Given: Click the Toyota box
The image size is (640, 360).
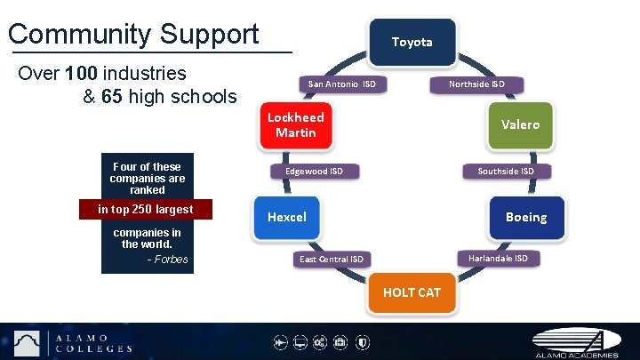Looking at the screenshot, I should coord(412,42).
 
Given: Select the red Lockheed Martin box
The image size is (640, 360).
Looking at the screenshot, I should coord(296,124).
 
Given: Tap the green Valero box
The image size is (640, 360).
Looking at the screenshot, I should coord(519,124).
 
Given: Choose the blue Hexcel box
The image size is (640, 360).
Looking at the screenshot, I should coord(287,217).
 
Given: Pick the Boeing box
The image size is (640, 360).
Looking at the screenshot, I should coord(526,217).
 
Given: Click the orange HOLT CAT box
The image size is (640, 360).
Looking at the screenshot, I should coord(412,292).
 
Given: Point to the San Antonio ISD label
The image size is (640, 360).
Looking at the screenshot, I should coord(341,84).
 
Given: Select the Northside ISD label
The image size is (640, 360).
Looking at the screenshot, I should coord(476,84).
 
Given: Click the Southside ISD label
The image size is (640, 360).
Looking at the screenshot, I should coord(506,171).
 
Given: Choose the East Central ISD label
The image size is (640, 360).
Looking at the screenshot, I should coord(331,259).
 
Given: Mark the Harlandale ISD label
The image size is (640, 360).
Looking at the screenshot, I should coord(498,258).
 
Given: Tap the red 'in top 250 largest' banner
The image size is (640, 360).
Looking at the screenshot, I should coord(146,210).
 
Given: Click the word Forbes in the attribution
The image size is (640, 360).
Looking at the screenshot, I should coord(172,260).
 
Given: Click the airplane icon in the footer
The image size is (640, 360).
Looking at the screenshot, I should coord(279,342).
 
